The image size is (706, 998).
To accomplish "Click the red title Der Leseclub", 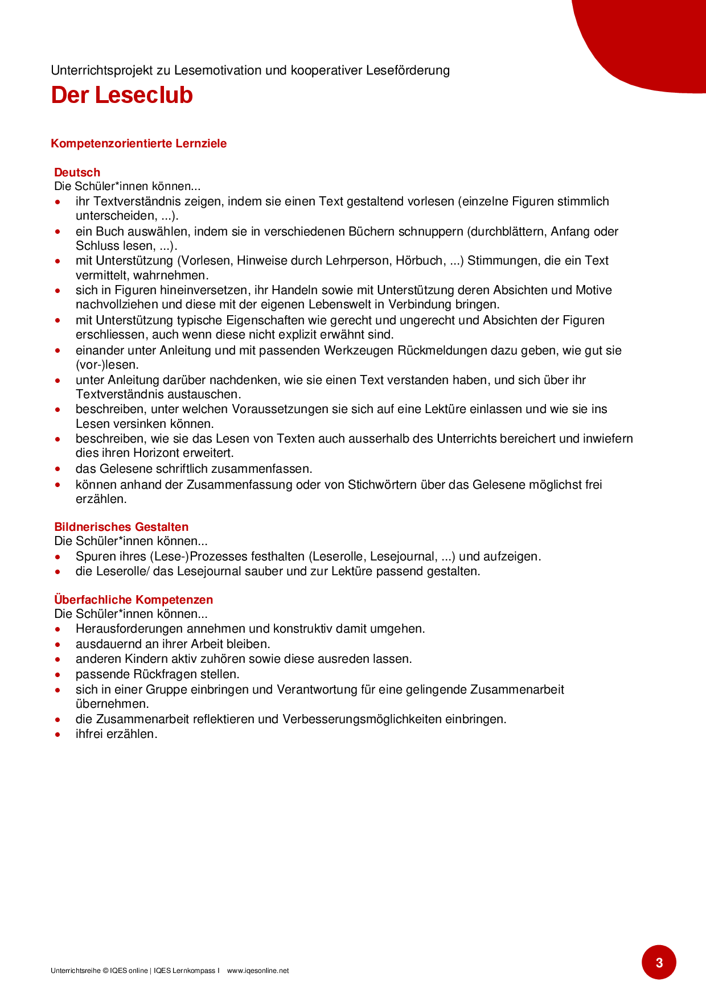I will click(122, 95).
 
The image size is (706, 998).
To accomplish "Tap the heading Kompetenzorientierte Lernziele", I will click(138, 143).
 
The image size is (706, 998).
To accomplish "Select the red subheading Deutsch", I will click(77, 172).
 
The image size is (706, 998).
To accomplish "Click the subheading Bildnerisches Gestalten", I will click(121, 527).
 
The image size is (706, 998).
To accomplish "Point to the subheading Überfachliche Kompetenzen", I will click(133, 600).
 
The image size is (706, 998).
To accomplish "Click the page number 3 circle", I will click(659, 963).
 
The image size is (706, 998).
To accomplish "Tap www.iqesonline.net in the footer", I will click(257, 971).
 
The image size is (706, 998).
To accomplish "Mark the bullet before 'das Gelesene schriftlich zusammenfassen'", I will click(58, 469).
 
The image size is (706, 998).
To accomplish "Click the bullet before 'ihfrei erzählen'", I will click(58, 735).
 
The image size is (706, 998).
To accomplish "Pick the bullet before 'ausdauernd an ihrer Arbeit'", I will click(58, 645).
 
